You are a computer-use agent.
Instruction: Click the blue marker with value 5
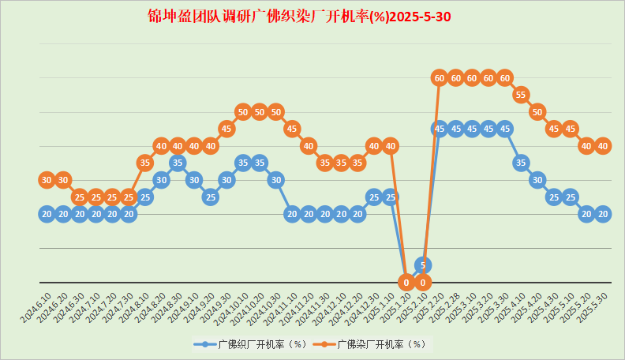423,265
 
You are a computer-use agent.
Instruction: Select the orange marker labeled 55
521,95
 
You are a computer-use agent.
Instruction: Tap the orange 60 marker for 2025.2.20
440,77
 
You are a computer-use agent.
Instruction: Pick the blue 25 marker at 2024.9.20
210,197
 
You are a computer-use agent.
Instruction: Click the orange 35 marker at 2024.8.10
144,163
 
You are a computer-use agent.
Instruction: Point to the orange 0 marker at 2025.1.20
406,282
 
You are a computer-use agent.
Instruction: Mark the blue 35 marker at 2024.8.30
178,163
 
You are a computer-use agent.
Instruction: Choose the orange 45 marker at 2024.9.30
226,129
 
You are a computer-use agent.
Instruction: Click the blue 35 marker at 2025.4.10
521,163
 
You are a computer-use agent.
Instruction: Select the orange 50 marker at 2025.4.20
537,111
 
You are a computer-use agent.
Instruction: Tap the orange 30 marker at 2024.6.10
47,180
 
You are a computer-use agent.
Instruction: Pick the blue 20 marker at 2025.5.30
603,214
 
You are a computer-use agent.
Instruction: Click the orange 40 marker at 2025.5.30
603,146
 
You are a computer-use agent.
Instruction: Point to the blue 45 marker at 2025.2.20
440,129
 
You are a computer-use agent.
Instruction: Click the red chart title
300,17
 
